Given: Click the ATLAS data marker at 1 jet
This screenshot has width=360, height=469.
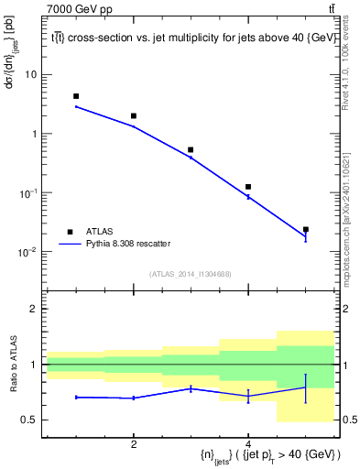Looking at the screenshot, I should (76, 96).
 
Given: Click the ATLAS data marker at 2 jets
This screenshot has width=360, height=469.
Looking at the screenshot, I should (134, 116).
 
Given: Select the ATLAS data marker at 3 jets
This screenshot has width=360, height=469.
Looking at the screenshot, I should (191, 149).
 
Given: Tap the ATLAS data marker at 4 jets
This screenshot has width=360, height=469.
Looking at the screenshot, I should (248, 187).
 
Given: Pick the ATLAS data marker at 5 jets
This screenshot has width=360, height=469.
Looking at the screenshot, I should (306, 229).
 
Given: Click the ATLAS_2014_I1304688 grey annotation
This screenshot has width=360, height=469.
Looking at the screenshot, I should (191, 274).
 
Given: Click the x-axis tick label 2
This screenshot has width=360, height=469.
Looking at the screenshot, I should (134, 443).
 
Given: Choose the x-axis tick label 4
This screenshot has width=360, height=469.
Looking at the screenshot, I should (248, 443).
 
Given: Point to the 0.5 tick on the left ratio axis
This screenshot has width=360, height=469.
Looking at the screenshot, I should (32, 420).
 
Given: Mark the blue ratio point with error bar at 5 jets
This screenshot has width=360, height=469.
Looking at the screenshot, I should (306, 387).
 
